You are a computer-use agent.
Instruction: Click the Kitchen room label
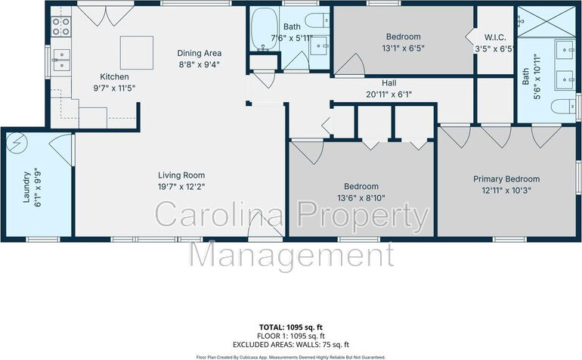114,77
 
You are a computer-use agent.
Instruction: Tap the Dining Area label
200,53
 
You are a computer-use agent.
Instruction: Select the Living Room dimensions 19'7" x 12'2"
181,187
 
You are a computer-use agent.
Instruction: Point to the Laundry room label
26,187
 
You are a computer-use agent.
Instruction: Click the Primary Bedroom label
506,179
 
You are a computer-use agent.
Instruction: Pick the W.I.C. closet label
495,38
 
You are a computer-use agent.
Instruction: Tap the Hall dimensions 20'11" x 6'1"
389,95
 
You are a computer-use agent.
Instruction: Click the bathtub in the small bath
265,29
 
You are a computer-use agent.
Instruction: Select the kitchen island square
137,52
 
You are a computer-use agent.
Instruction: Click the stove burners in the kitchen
61,26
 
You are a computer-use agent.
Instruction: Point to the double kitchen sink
61,60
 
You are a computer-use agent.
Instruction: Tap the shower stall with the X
546,21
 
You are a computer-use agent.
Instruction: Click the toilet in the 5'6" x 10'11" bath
563,107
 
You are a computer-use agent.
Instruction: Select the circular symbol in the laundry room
17,143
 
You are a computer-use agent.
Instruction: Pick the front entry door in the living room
265,226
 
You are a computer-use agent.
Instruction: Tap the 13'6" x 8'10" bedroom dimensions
361,198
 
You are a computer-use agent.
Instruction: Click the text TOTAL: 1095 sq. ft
291,327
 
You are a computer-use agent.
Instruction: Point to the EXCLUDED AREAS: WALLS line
291,345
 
